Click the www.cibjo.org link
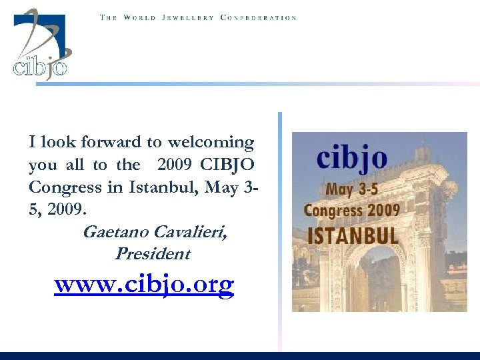144,285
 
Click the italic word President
152,254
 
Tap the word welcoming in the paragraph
211,142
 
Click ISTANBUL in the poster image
352,235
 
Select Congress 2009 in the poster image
351,211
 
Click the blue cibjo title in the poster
351,159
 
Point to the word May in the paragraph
223,187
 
